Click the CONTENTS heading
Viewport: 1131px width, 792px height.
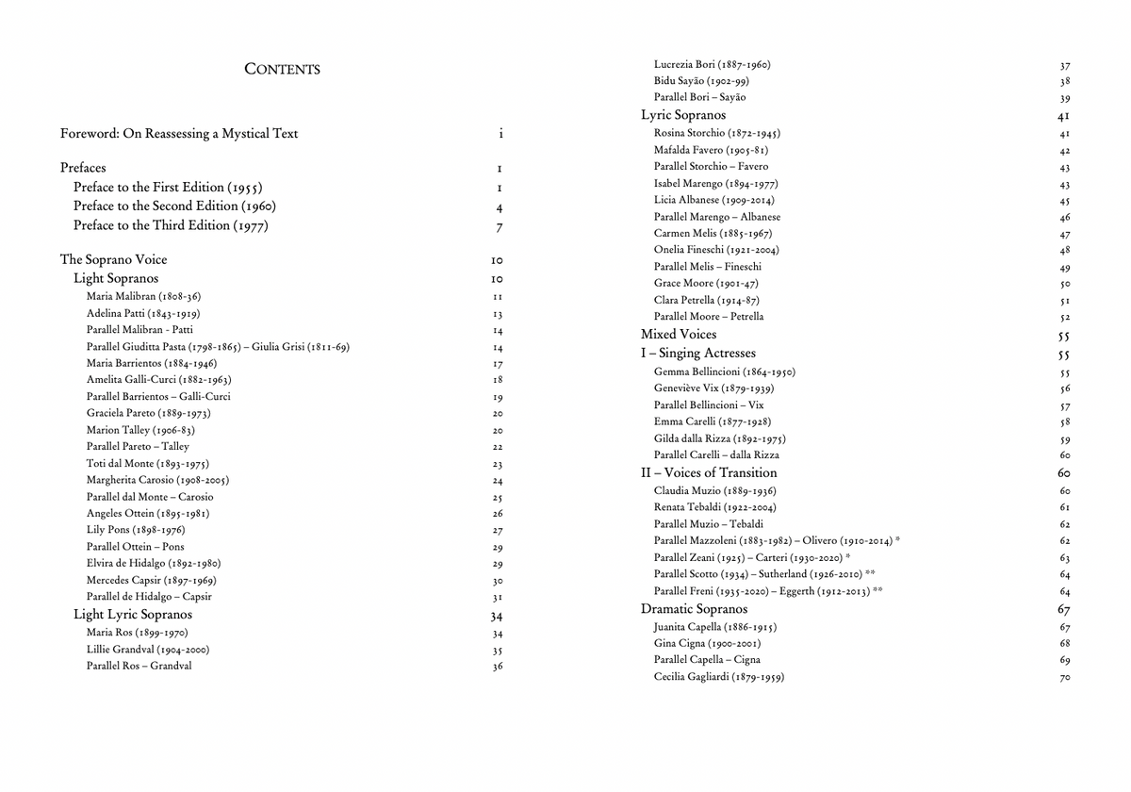tap(282, 69)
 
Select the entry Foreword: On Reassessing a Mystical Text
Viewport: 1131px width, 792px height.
tap(179, 134)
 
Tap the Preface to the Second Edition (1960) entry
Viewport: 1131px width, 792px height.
tap(174, 206)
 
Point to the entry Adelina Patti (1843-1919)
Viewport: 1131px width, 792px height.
tap(143, 313)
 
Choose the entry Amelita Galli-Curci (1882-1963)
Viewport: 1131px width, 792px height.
tap(159, 380)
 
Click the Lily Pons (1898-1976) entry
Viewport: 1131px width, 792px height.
tap(136, 530)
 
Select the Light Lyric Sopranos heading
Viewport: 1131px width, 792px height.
tap(133, 615)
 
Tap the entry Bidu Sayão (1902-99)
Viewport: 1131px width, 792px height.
tap(701, 81)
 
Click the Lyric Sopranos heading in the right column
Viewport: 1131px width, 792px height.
tap(683, 115)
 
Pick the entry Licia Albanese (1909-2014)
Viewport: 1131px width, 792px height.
tap(716, 200)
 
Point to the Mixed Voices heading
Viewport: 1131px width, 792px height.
tap(679, 335)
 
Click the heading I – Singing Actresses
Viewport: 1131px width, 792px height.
tap(698, 354)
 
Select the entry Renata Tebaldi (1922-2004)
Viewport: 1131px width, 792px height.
tap(715, 507)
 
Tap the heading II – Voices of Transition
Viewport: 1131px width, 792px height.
tap(709, 473)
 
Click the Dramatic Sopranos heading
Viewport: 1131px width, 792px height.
tap(694, 609)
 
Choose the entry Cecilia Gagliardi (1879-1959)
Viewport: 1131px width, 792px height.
tap(719, 677)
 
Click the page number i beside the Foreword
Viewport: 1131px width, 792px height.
tap(500, 134)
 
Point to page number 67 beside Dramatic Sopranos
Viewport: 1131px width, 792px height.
tap(1064, 610)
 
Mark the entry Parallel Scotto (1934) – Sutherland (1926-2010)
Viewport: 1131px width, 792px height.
tap(764, 574)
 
